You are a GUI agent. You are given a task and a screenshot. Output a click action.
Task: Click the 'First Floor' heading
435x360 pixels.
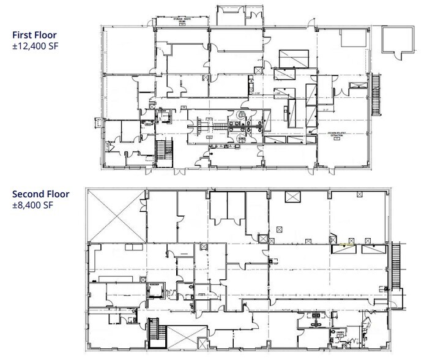pos(36,35)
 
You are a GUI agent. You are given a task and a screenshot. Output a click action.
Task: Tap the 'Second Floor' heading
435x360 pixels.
pos(41,195)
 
